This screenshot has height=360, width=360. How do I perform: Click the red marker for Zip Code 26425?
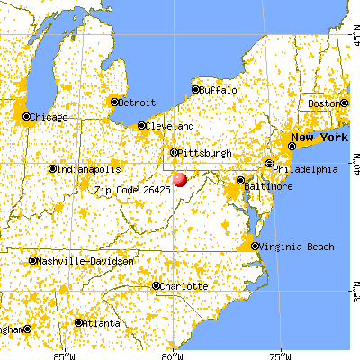[180, 179]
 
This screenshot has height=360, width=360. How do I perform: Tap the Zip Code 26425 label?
[131, 191]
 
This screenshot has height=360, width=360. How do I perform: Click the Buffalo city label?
[220, 90]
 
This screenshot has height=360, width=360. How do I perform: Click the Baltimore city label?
[270, 186]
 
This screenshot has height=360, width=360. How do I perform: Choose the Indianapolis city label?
[87, 168]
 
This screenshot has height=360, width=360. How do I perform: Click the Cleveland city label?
[171, 126]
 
